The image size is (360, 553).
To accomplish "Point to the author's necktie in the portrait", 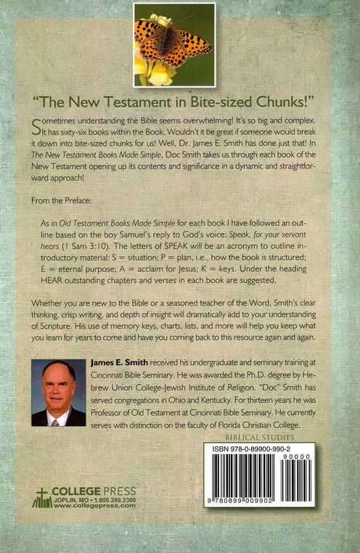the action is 56,419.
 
